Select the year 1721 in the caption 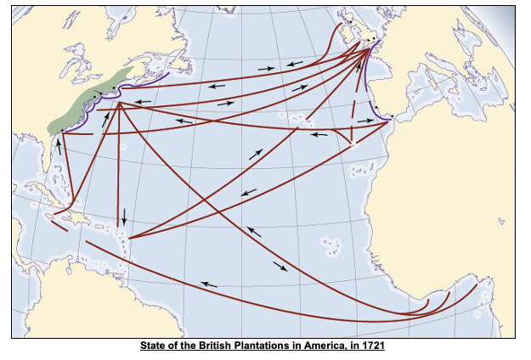(x=372, y=346)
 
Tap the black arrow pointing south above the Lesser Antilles (x=124, y=217)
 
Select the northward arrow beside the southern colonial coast (x=59, y=145)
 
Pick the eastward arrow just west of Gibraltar (x=365, y=121)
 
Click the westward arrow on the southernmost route (x=208, y=284)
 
